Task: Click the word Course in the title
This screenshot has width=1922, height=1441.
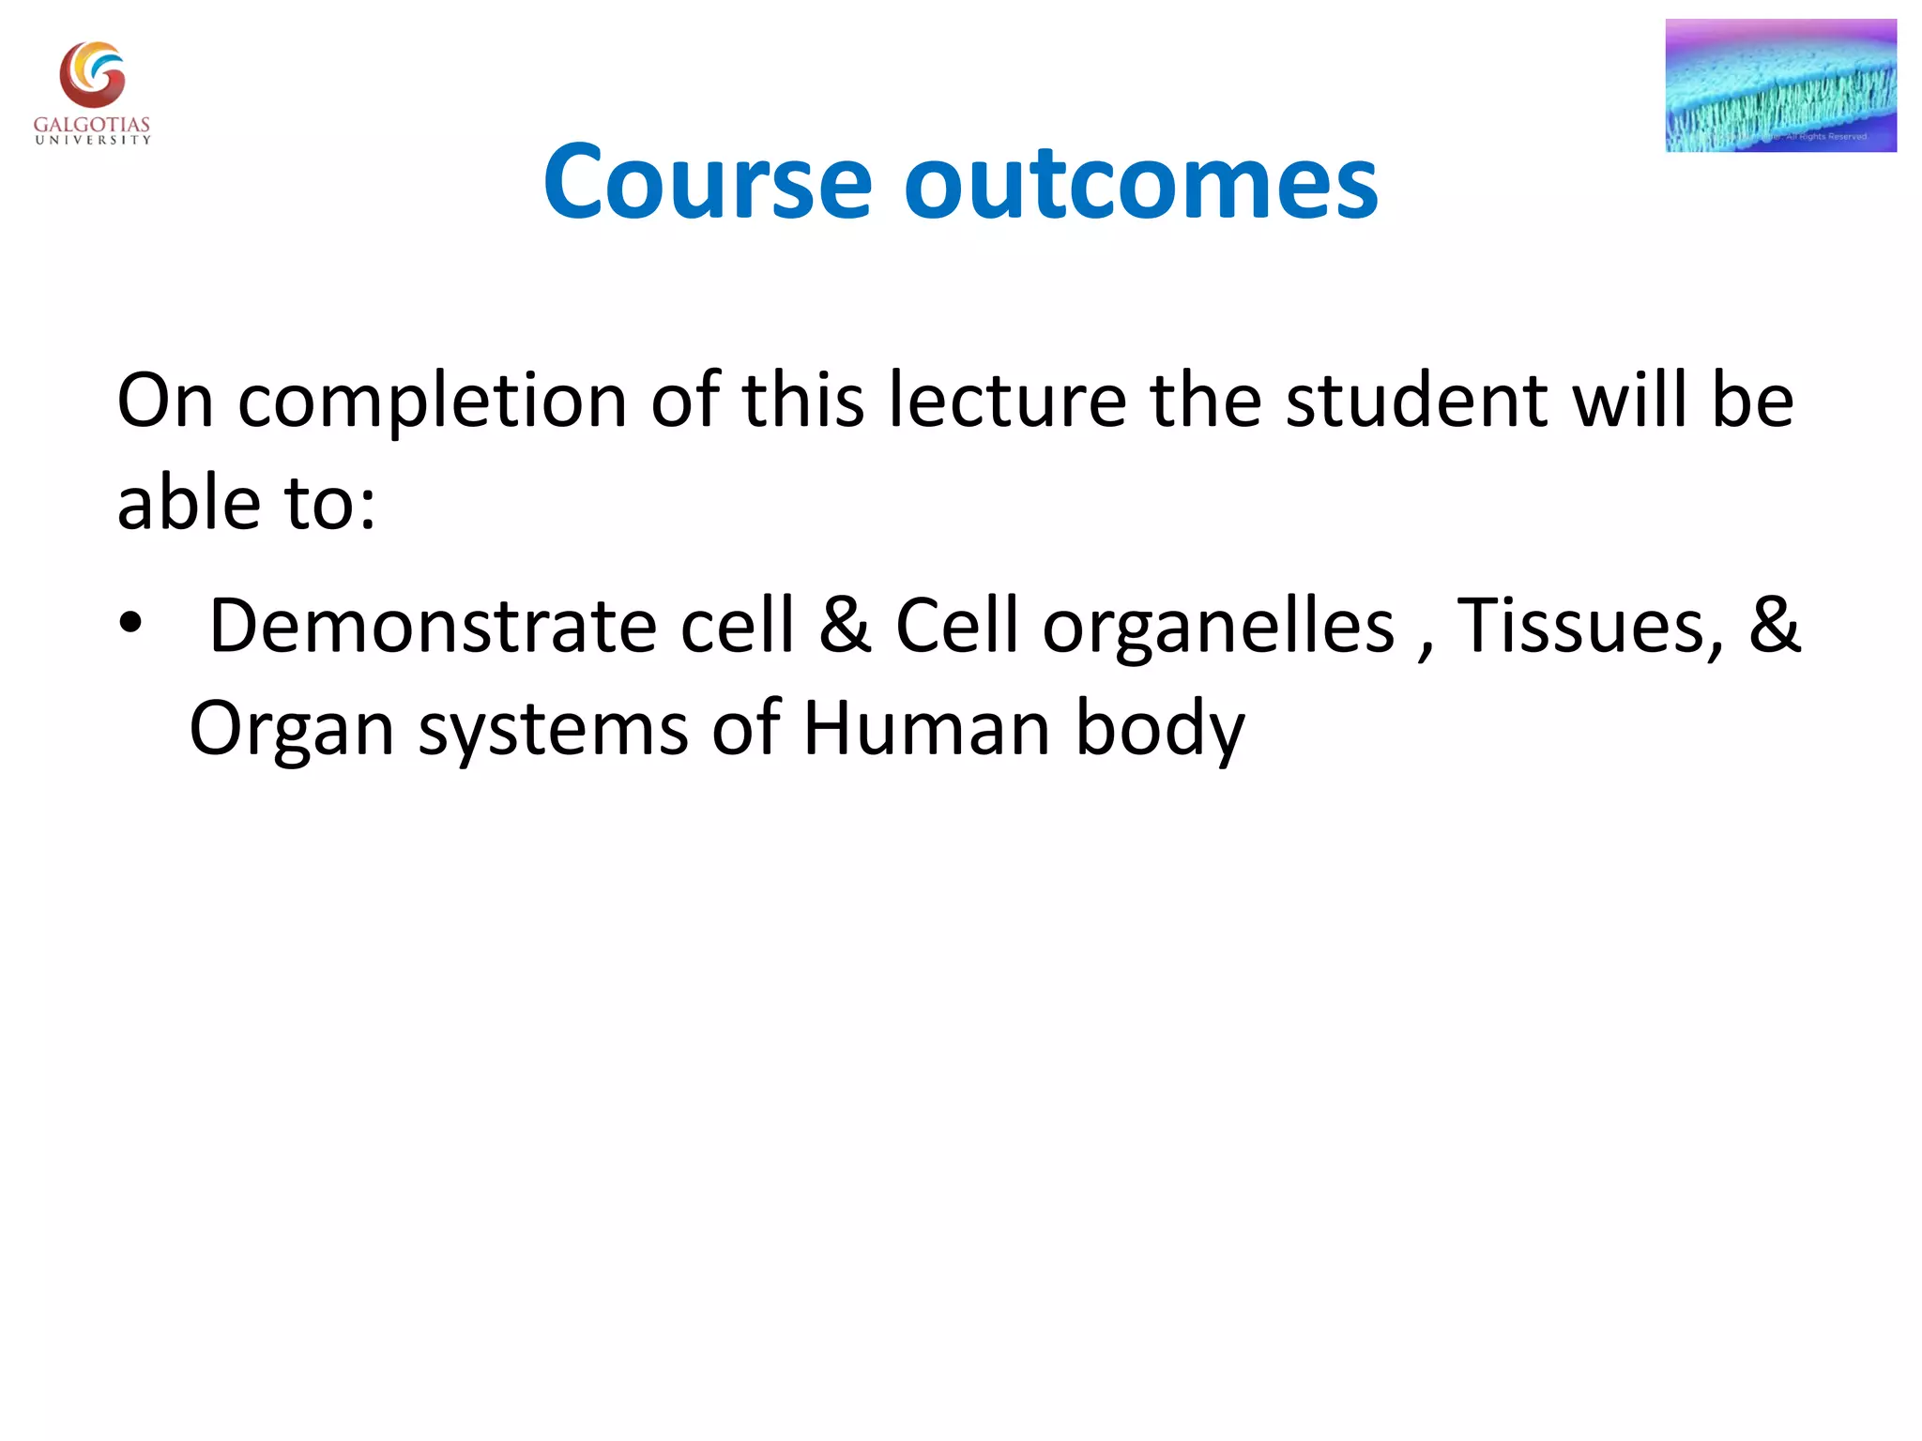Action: [x=708, y=183]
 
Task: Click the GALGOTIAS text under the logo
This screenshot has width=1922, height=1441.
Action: [x=92, y=124]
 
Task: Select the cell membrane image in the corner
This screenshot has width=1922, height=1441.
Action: [x=1780, y=85]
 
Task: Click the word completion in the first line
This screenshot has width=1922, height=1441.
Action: [x=432, y=402]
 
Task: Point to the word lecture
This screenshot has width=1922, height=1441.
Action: [x=1007, y=402]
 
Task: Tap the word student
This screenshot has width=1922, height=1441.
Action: [x=1416, y=402]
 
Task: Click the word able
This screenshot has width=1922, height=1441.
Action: [x=188, y=503]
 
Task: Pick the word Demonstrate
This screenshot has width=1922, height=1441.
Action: [x=432, y=627]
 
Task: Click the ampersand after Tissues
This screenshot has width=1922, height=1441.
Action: [x=1774, y=625]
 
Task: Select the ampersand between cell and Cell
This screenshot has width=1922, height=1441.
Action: [x=845, y=625]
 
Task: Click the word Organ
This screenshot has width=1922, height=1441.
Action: [x=291, y=730]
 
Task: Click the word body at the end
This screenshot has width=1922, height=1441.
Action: [x=1159, y=730]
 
